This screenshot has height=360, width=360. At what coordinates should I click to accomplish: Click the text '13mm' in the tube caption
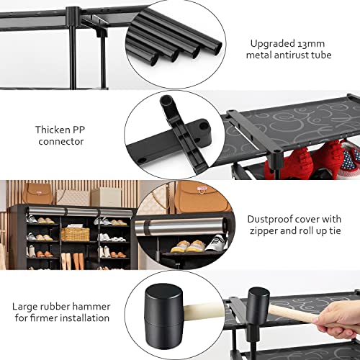point(311,44)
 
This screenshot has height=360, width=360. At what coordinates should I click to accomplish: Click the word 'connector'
point(61,142)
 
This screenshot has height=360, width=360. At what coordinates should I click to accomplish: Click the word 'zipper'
point(264,231)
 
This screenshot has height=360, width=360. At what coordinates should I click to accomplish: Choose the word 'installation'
point(84,318)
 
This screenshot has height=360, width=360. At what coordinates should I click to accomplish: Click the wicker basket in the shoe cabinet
point(76,234)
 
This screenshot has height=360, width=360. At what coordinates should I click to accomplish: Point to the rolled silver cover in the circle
point(181,226)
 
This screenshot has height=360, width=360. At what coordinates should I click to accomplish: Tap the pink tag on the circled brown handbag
point(202,189)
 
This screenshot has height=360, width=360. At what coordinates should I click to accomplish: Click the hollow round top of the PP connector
point(166,99)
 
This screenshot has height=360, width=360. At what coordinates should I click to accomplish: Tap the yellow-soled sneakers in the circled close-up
point(189,246)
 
